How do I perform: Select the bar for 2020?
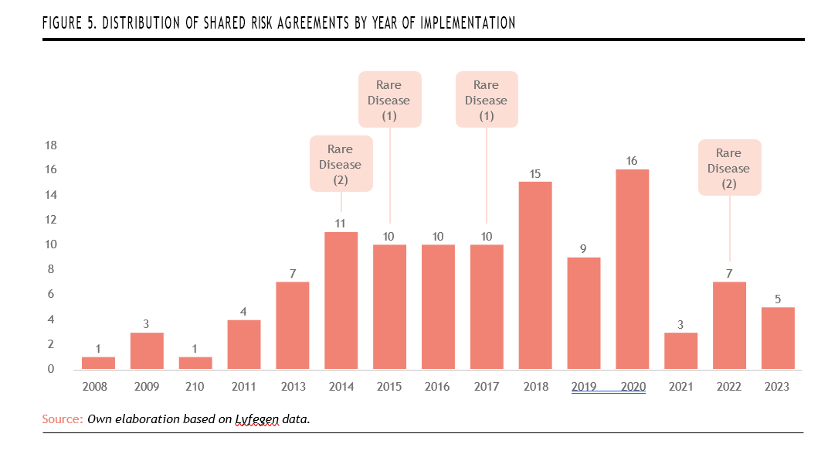click(632, 269)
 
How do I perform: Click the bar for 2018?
click(534, 275)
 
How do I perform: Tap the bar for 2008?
click(98, 363)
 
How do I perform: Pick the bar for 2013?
click(293, 326)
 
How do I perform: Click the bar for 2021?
click(680, 350)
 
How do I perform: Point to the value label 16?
click(632, 161)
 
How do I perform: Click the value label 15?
click(534, 173)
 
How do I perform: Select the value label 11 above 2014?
click(341, 224)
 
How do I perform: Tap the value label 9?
click(583, 248)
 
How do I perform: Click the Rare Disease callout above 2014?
click(341, 164)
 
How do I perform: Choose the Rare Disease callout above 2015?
click(389, 100)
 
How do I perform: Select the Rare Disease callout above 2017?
click(487, 100)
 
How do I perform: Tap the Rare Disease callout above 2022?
click(729, 168)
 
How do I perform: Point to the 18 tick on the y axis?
click(52, 145)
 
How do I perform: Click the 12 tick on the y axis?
click(52, 220)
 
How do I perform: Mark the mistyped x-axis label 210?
click(195, 387)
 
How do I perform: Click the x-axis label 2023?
click(777, 387)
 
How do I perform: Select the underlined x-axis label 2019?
click(583, 387)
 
